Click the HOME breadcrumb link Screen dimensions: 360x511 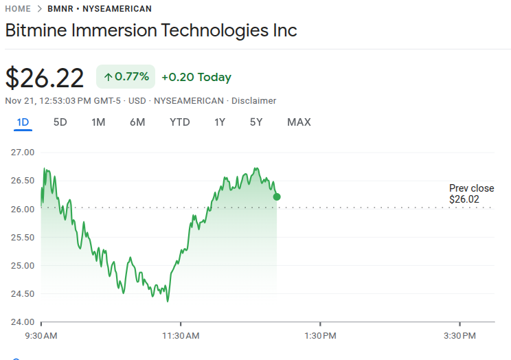(x=17, y=9)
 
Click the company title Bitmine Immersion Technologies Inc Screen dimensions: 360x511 (x=151, y=31)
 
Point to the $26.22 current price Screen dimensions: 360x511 (x=45, y=78)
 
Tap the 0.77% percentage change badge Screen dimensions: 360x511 (x=126, y=77)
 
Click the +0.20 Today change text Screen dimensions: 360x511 (x=196, y=78)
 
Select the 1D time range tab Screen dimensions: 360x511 (x=23, y=122)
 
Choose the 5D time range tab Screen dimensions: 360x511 (x=60, y=122)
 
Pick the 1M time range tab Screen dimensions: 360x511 (x=98, y=122)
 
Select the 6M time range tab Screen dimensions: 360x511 (x=137, y=122)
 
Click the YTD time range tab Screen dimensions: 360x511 (x=180, y=122)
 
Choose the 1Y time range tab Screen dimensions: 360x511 (x=220, y=122)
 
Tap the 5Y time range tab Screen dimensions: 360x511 (x=256, y=122)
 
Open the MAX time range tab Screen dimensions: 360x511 (x=299, y=122)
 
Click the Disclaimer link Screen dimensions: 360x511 (x=253, y=101)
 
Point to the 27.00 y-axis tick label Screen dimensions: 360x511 (x=23, y=152)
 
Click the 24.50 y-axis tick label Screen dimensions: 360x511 (x=23, y=294)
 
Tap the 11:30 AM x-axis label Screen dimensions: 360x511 (x=181, y=336)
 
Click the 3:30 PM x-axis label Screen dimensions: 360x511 (x=459, y=336)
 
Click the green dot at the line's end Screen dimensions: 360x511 (x=277, y=196)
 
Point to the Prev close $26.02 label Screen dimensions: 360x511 (x=471, y=194)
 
